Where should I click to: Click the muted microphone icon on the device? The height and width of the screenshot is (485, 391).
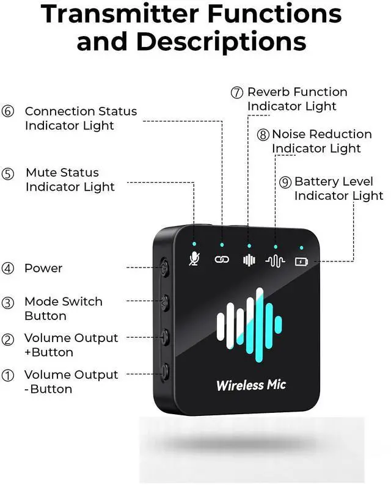tap(194, 258)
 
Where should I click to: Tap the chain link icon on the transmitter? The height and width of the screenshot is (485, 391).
tap(221, 259)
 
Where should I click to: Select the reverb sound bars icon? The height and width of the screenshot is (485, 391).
tap(248, 260)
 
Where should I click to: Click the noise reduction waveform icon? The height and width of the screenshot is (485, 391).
tap(276, 261)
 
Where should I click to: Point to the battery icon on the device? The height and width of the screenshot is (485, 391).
tap(301, 262)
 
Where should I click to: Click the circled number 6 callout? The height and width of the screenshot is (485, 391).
tap(8, 112)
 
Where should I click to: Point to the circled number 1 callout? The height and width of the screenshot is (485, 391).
tap(8, 376)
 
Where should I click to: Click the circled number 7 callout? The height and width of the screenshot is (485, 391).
tap(237, 93)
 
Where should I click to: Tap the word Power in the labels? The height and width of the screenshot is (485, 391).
tap(43, 268)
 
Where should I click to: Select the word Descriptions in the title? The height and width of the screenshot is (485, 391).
tap(221, 42)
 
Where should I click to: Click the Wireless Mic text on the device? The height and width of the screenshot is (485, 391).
tap(250, 385)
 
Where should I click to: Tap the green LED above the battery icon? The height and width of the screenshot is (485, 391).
tap(301, 248)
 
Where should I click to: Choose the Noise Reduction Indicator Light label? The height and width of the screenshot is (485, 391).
tap(321, 141)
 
